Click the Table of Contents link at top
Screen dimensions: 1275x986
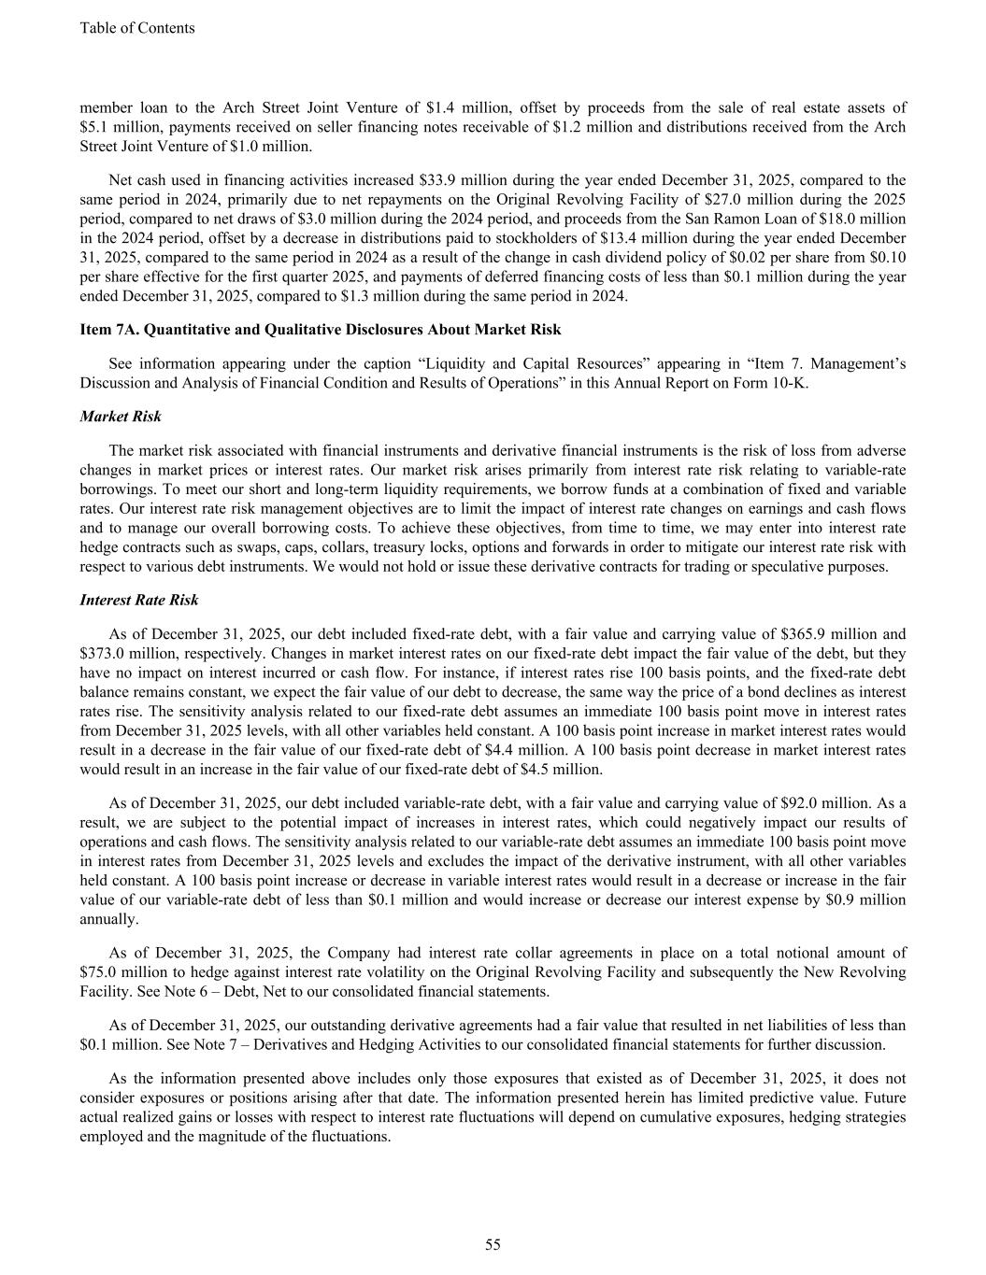pos(137,28)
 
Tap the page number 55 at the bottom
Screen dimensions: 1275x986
pos(493,1244)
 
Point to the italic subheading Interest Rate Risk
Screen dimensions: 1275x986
pos(139,600)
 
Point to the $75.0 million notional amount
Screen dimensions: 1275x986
pos(105,972)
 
